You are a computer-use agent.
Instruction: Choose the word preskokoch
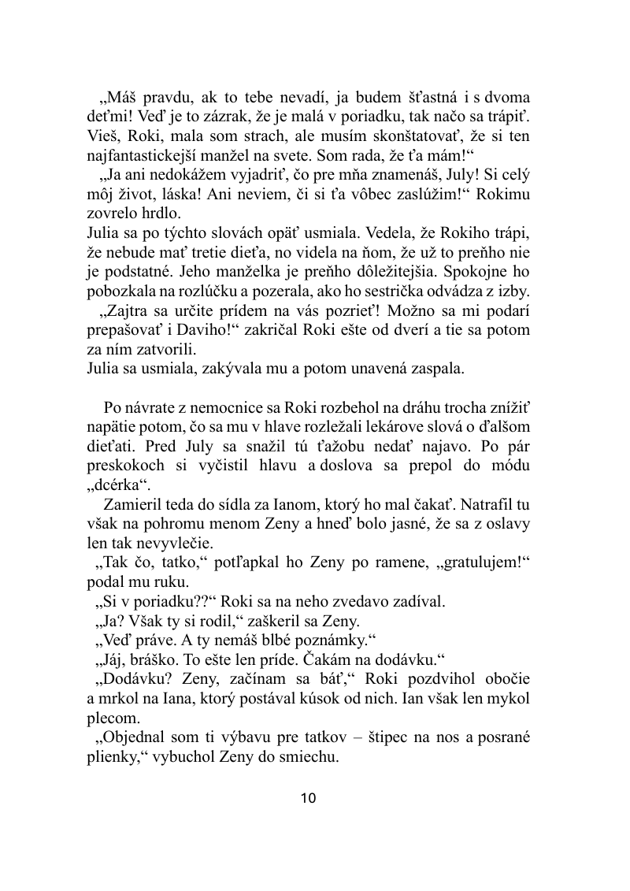pyautogui.click(x=125, y=465)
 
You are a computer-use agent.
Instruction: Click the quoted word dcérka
pyautogui.click(x=118, y=483)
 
